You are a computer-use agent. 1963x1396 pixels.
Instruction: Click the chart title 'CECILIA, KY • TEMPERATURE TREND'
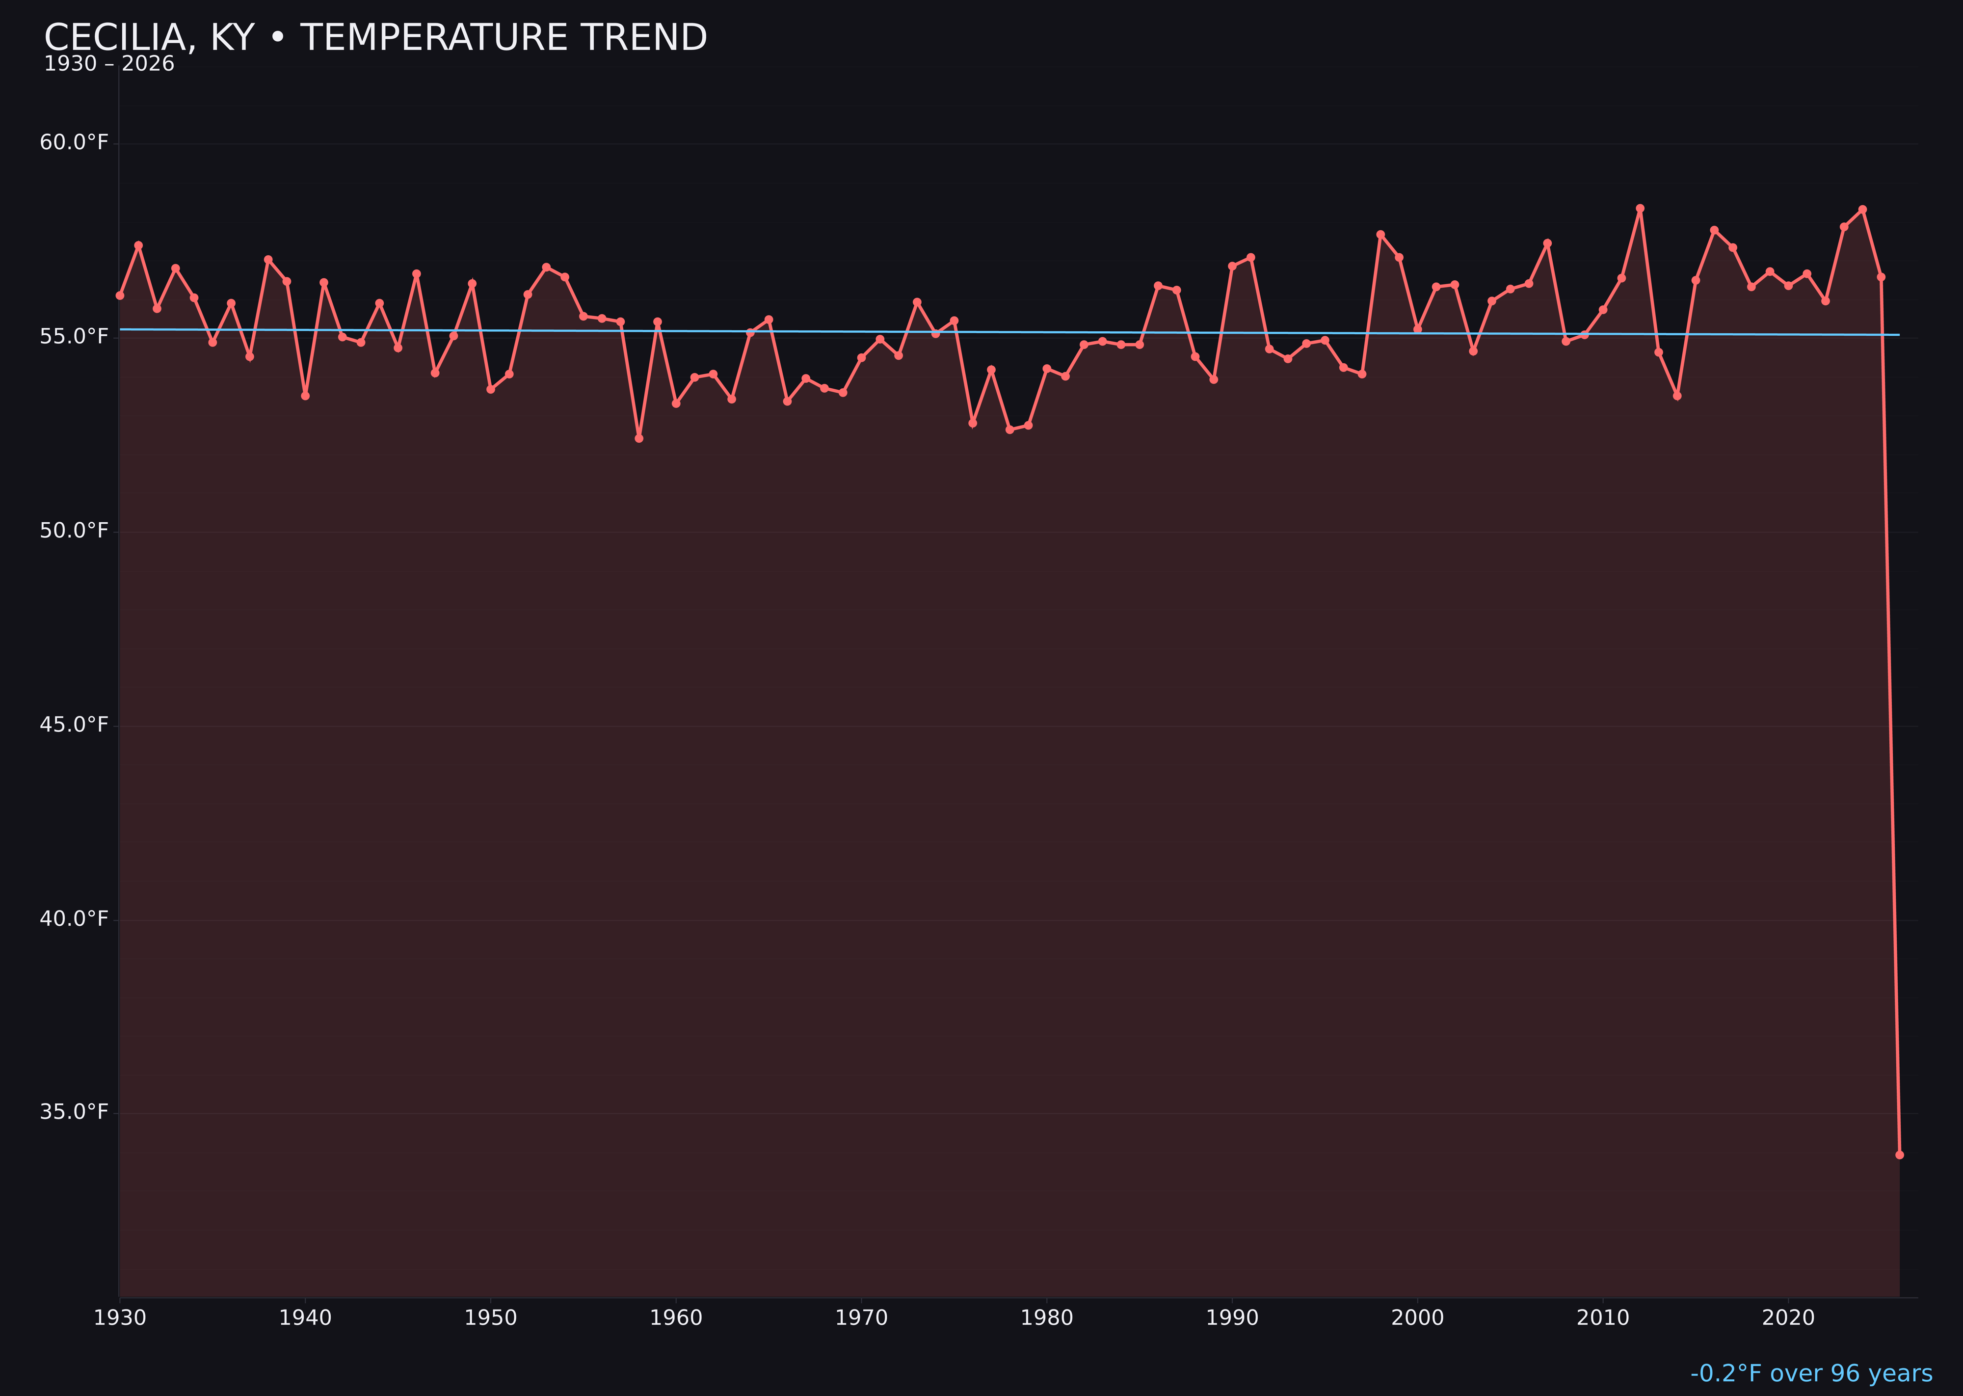[x=375, y=38]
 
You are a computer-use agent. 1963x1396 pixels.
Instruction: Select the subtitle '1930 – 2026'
[x=109, y=64]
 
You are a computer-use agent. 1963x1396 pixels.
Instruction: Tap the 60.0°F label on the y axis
[x=74, y=142]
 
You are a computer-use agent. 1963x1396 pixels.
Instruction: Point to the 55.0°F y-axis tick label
[x=74, y=336]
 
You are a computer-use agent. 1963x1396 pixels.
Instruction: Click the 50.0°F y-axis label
[x=74, y=531]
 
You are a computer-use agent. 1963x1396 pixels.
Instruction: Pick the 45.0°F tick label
[x=74, y=725]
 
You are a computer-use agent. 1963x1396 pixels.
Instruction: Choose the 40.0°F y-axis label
[x=74, y=919]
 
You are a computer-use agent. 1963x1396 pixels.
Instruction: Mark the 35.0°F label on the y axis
[x=74, y=1112]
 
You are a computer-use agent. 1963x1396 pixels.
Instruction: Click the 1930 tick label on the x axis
[x=119, y=1318]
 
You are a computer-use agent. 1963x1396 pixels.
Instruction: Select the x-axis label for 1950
[x=491, y=1318]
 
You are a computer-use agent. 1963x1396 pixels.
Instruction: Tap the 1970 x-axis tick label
[x=861, y=1318]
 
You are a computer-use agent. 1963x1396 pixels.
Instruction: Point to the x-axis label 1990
[x=1232, y=1318]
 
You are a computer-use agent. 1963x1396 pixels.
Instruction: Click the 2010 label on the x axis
[x=1603, y=1318]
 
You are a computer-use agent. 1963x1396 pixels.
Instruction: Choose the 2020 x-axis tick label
[x=1788, y=1318]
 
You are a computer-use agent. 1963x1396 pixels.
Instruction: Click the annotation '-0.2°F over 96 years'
[x=1811, y=1373]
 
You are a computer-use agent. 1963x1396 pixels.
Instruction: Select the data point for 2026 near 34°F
[x=1899, y=1154]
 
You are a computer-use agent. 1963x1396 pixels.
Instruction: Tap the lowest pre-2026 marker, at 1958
[x=638, y=438]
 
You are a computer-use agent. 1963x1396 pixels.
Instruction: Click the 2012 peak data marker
[x=1640, y=208]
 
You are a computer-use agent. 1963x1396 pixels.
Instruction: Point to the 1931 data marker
[x=138, y=245]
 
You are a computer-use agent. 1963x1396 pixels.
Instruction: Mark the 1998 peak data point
[x=1380, y=234]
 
